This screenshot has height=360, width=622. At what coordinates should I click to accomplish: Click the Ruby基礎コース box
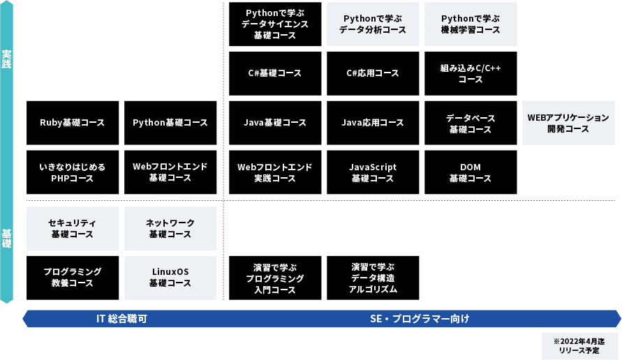pos(73,123)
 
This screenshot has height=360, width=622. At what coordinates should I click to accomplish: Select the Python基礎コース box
pos(170,123)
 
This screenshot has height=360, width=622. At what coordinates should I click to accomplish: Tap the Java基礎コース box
pos(275,123)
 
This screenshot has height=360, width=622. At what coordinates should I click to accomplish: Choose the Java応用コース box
pos(373,123)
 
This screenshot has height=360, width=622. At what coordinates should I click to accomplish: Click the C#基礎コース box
pos(275,73)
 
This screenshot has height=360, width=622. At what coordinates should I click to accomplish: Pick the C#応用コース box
pos(373,73)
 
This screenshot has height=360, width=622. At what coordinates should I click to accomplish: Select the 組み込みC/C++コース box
pos(471,73)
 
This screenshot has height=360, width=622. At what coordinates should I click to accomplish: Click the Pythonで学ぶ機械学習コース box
pos(471,24)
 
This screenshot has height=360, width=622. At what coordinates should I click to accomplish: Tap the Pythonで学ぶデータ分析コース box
pos(373,24)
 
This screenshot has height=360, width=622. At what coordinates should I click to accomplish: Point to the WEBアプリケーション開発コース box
pos(568,123)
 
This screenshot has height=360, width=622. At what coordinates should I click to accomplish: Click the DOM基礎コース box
pos(471,172)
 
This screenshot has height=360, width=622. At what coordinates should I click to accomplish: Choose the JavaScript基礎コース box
pos(373,172)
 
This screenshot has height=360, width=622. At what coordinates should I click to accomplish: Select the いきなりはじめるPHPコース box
pos(73,172)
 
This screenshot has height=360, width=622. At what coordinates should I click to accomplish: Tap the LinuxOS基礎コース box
pos(170,278)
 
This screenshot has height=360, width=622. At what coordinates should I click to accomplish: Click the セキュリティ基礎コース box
pos(73,228)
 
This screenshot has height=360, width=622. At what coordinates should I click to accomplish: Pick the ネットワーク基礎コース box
pos(170,228)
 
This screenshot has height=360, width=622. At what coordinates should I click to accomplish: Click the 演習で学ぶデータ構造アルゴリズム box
pos(373,278)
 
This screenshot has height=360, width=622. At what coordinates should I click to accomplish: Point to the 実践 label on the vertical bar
pos(6,59)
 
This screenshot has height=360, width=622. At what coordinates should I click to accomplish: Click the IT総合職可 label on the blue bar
pos(121,319)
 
